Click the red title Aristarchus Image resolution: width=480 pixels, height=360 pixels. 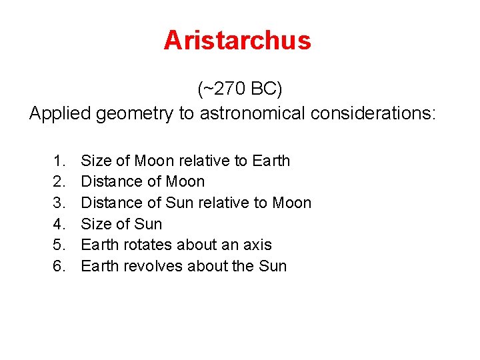[237, 41]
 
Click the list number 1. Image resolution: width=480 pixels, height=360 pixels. [59, 161]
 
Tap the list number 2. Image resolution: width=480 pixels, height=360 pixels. [59, 182]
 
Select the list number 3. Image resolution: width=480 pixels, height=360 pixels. [59, 203]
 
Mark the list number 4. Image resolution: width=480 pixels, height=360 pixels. [59, 224]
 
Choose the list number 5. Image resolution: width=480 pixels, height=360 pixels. [59, 245]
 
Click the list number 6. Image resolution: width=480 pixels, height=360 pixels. [59, 266]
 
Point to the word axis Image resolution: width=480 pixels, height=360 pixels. [257, 245]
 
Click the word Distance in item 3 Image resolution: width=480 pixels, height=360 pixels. [107, 203]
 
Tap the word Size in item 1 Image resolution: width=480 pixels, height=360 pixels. [95, 161]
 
